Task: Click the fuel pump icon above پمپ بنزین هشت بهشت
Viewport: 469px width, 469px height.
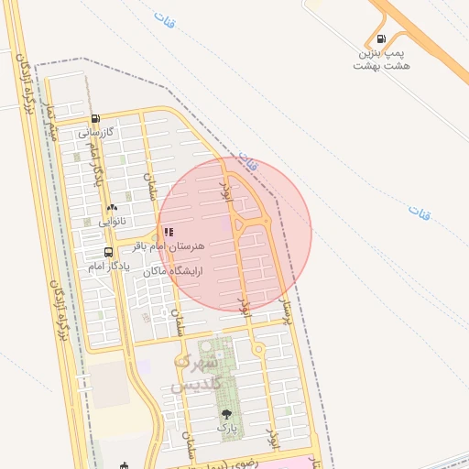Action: (381, 40)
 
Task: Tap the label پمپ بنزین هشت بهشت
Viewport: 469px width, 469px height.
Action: (384, 60)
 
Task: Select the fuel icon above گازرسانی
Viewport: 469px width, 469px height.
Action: (95, 118)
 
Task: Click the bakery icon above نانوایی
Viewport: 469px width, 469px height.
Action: (112, 208)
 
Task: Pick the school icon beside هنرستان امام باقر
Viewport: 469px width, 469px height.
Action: (169, 233)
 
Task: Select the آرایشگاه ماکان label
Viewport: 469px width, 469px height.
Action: (174, 271)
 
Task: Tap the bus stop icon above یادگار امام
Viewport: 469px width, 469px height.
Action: (109, 253)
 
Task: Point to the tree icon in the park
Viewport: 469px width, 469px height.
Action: (226, 415)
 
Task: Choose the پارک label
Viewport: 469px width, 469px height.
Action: (225, 428)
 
